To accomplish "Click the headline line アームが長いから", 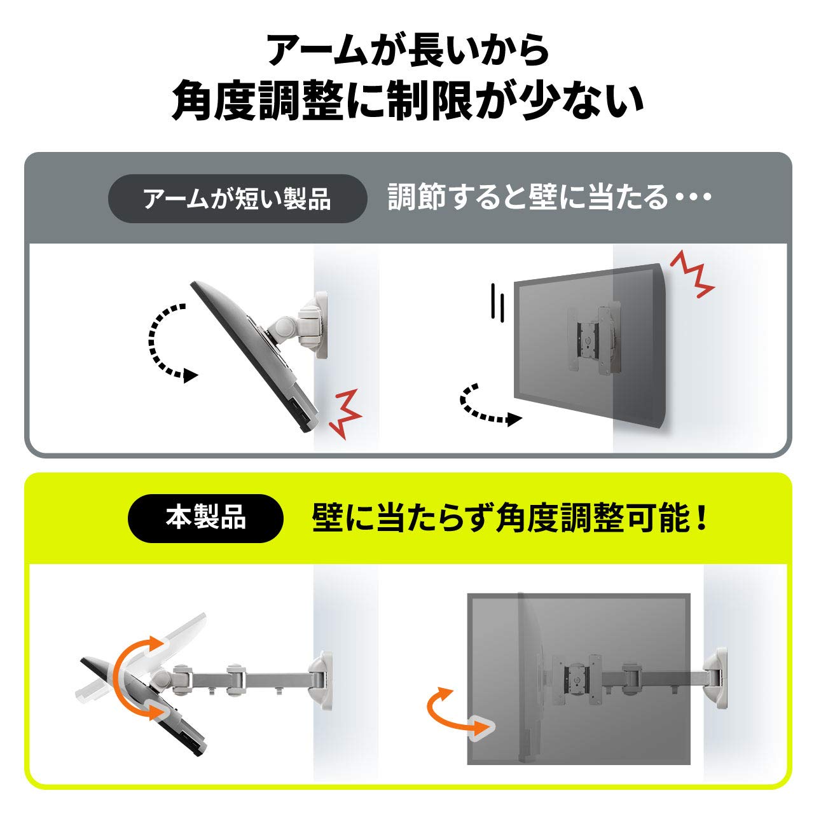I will pos(407,51).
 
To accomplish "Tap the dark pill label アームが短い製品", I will pos(237,199).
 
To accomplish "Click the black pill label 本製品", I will pos(205,519).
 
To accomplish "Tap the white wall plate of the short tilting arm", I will pos(320,324).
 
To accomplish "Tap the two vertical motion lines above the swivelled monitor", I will pos(496,302).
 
